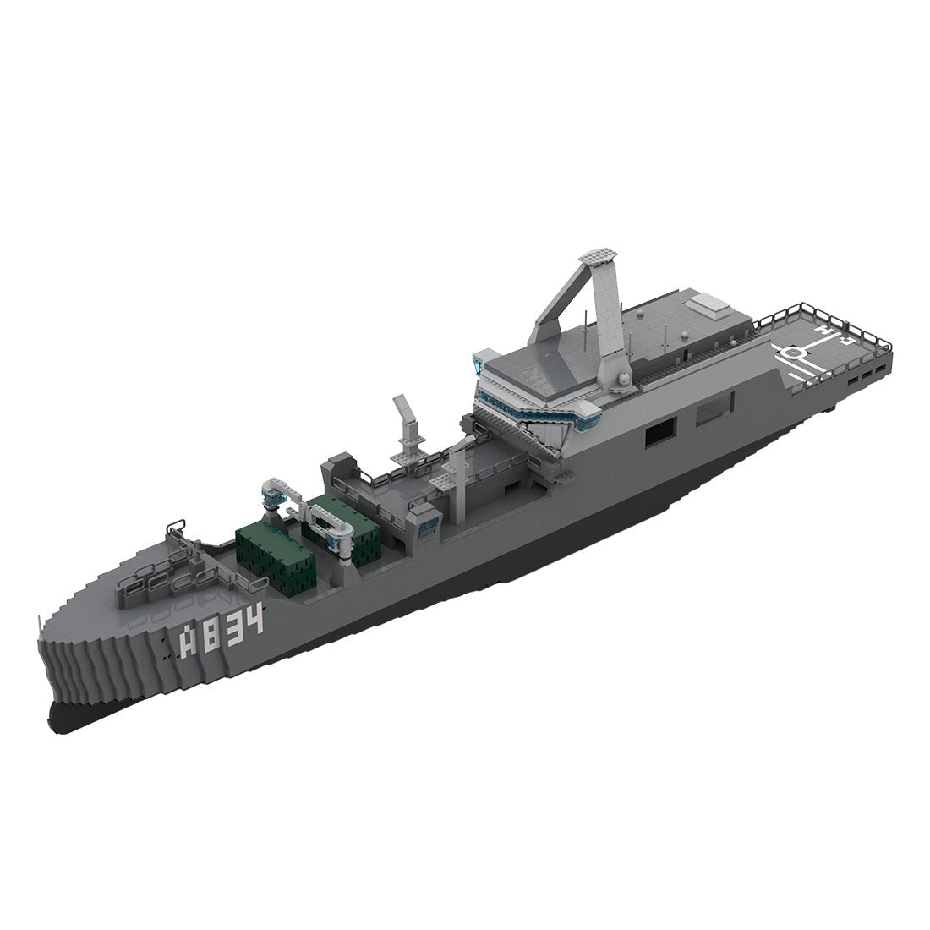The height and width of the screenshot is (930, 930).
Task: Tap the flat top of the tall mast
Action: click(598, 255)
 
